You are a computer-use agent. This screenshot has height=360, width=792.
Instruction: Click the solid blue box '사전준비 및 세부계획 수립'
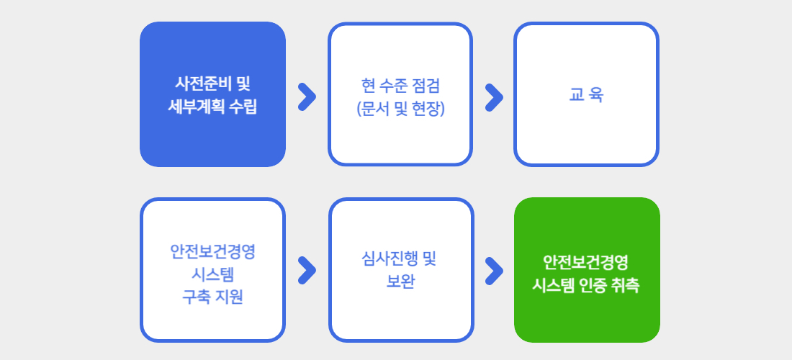[x=212, y=94]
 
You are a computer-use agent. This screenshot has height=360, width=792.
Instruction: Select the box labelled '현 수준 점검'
[x=400, y=94]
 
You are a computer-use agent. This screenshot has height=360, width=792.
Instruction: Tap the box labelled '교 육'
[x=586, y=94]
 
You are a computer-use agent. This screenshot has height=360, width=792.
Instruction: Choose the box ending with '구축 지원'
[x=212, y=270]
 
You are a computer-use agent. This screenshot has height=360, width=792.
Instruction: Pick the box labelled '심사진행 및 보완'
[x=401, y=270]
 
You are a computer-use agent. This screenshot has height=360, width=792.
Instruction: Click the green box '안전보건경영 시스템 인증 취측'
[x=587, y=270]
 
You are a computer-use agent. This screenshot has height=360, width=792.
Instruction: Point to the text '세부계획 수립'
[x=212, y=107]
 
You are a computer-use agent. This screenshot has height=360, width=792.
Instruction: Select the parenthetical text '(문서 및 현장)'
[x=400, y=109]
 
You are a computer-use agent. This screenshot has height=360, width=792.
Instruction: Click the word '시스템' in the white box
[x=212, y=274]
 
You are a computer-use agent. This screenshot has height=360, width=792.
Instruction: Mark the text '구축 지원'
[x=212, y=297]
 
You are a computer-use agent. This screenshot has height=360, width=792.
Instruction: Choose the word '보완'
[x=400, y=282]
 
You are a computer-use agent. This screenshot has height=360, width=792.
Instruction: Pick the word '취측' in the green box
[x=626, y=285]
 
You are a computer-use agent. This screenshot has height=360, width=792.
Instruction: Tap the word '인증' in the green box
[x=593, y=285]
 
